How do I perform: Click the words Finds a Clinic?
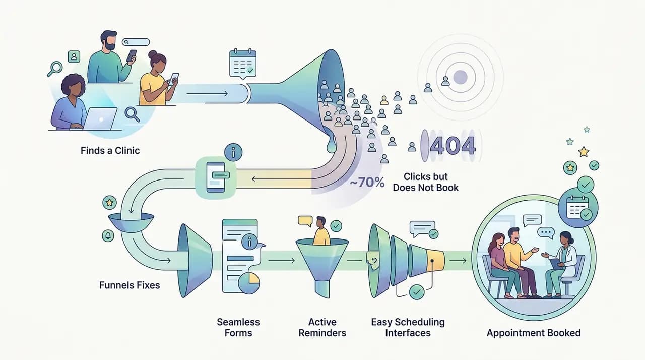click(110, 151)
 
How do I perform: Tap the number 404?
click(453, 145)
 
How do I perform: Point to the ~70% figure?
click(367, 183)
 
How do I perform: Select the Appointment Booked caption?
click(534, 333)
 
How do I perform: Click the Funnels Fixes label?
click(130, 285)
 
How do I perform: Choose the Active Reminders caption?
click(322, 327)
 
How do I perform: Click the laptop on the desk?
click(100, 119)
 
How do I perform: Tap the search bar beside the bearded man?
click(136, 42)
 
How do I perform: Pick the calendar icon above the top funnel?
click(243, 64)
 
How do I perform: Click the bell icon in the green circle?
click(108, 236)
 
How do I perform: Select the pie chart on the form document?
click(249, 283)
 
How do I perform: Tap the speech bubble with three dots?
click(546, 233)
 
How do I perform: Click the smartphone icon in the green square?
click(216, 177)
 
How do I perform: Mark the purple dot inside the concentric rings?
click(460, 77)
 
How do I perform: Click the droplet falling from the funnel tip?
click(332, 146)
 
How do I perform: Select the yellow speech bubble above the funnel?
click(305, 221)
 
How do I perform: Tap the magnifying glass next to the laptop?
click(132, 114)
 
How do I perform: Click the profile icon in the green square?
click(74, 57)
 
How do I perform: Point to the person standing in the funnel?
click(321, 231)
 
